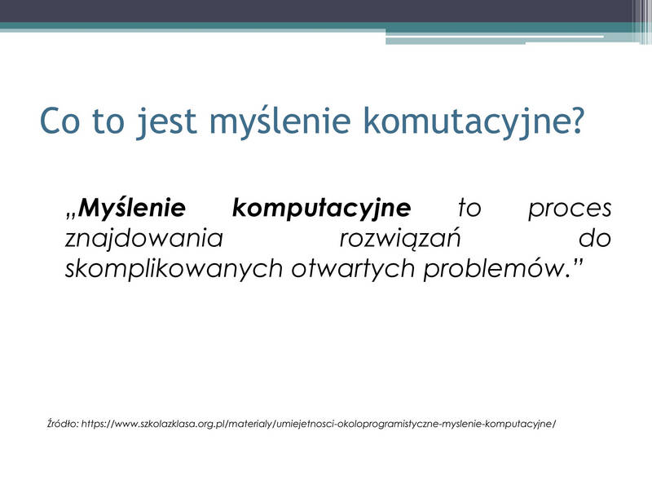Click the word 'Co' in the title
coord(59,121)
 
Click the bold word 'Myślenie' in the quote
coord(131,209)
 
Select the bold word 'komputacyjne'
coord(321,209)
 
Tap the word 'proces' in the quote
coord(570,209)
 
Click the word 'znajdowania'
coord(144,240)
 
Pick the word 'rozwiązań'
coord(400,240)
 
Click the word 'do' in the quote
coord(595,239)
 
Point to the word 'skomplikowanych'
coord(174,270)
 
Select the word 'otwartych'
coord(353,270)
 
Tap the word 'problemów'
coord(493,270)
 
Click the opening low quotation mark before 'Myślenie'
coord(71,215)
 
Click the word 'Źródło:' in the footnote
coord(63,424)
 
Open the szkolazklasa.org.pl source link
coord(319,424)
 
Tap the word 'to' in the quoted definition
coord(469,208)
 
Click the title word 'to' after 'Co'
coord(108,121)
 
